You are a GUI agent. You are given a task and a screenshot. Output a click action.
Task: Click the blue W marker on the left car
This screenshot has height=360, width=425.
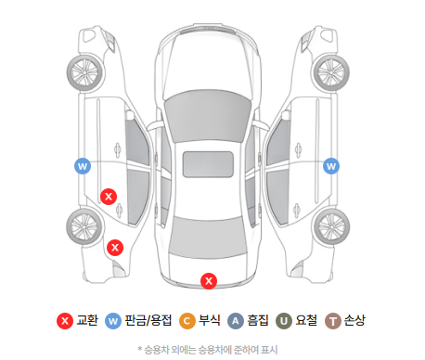[83, 166]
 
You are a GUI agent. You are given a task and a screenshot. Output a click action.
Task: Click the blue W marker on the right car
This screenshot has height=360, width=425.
[331, 166]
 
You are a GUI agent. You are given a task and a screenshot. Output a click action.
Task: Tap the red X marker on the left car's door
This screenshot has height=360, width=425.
[109, 197]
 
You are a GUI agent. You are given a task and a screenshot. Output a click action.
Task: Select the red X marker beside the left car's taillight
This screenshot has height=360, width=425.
[115, 248]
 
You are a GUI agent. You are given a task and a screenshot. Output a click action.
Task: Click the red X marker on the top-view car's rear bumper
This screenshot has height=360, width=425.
[209, 281]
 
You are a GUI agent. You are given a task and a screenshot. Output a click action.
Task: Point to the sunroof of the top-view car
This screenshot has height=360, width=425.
[208, 164]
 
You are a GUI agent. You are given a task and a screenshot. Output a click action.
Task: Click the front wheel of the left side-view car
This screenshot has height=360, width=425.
[85, 73]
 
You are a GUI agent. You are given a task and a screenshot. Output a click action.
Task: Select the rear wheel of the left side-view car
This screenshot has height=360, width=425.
[84, 226]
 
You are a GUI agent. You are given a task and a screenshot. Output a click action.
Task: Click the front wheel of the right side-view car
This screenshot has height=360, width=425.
[331, 73]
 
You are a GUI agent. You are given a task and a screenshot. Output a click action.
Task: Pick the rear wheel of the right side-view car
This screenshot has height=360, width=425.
[332, 226]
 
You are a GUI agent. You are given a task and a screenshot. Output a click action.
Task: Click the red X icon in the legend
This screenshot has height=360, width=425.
[65, 321]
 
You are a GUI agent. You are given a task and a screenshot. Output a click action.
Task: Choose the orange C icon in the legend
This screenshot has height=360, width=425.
[187, 321]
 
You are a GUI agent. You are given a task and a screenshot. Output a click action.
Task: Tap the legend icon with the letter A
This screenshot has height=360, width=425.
[236, 321]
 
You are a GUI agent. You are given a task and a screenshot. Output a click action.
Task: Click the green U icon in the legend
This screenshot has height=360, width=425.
[284, 321]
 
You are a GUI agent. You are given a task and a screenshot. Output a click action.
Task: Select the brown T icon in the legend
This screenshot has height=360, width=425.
[333, 321]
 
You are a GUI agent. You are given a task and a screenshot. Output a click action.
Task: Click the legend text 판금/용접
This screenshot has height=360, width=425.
[148, 320]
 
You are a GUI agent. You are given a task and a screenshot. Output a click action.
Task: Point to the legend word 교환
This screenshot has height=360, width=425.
[87, 320]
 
